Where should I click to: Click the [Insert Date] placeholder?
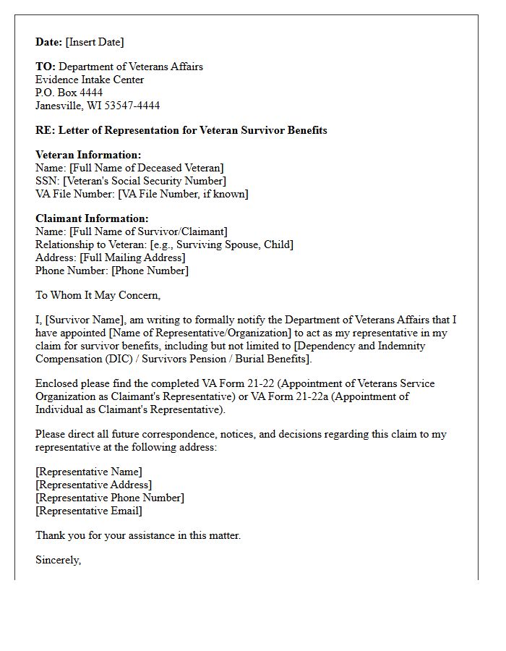pos(95,42)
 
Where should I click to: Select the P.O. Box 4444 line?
pos(69,93)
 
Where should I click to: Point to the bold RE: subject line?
pos(181,130)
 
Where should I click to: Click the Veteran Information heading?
pos(88,155)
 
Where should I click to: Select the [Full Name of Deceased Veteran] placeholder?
pos(146,168)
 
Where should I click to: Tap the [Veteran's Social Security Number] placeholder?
pos(144,181)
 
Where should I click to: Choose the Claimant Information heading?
pos(92,218)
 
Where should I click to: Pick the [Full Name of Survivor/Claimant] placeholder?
pos(148,231)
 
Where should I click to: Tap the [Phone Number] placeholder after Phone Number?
pos(150,271)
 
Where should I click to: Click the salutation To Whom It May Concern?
pos(98,295)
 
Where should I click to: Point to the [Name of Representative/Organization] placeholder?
pos(187,333)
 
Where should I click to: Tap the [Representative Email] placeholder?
pos(88,511)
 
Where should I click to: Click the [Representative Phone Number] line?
pos(109,498)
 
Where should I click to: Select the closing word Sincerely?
pos(58,560)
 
